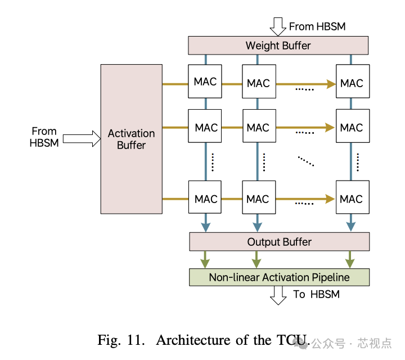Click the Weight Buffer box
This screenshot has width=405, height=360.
point(278,45)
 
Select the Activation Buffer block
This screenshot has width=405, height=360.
point(131,139)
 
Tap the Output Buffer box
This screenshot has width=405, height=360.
point(279,242)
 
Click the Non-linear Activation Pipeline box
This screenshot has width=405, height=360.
point(279,277)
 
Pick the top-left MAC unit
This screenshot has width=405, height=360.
point(205,82)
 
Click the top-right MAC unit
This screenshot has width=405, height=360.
point(352,83)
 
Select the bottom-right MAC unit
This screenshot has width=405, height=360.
point(352,199)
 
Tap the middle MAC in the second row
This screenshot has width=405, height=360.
point(258,128)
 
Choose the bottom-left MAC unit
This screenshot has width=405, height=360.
point(205,199)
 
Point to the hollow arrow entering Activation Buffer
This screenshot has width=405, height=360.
point(81,139)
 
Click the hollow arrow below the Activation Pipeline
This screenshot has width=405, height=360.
point(278,295)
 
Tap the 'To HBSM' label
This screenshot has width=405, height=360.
point(316,294)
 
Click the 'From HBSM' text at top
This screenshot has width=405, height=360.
point(317,26)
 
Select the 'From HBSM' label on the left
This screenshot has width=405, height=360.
point(44,137)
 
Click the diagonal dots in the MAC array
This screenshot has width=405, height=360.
point(306,161)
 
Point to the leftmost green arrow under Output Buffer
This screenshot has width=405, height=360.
point(205,259)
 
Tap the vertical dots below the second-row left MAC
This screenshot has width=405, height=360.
point(213,162)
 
